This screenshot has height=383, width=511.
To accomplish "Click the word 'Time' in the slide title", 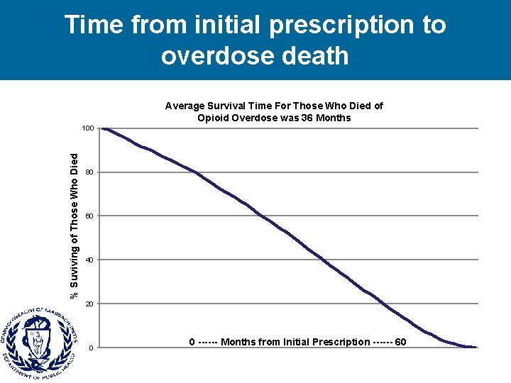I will [x=94, y=25].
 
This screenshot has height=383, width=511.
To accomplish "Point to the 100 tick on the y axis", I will [x=87, y=128].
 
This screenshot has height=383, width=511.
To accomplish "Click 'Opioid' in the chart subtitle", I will [x=213, y=118].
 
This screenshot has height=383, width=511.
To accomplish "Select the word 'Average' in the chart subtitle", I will [x=185, y=106].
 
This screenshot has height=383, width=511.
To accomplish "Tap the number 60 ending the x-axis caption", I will [x=400, y=342].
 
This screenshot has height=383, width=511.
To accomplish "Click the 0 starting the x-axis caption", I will [x=192, y=342].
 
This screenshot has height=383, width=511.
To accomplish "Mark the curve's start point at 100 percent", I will [x=104, y=128].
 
